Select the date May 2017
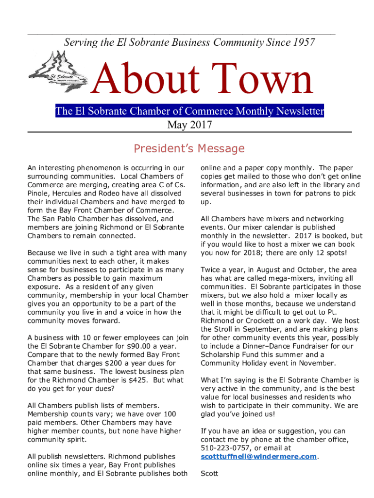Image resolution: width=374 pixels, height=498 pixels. click(x=189, y=125)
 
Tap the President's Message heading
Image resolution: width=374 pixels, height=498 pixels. click(x=189, y=148)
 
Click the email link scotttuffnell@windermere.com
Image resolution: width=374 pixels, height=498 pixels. click(x=259, y=457)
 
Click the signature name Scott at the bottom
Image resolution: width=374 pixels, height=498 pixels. click(x=209, y=473)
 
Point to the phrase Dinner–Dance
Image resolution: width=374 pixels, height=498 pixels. click(x=267, y=346)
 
